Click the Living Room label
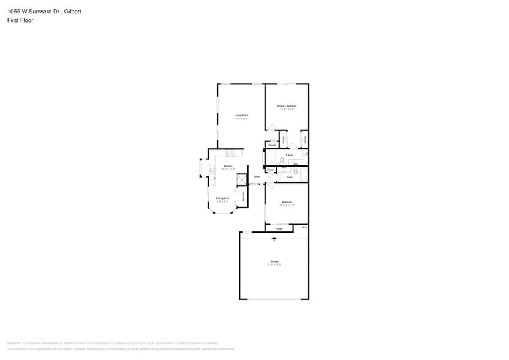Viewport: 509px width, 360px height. [x=241, y=115]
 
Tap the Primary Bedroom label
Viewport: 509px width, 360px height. [x=287, y=106]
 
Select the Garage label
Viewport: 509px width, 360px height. [x=274, y=261]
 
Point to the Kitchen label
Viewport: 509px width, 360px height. [x=228, y=166]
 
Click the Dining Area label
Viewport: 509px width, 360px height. [x=222, y=198]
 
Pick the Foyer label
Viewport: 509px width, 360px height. [x=257, y=177]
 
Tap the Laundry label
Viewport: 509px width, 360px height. [x=244, y=197]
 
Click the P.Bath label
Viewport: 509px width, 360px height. [x=288, y=156]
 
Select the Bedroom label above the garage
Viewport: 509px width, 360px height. [x=287, y=202]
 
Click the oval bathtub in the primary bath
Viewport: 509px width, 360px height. [x=270, y=160]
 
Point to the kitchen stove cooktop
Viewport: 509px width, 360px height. [x=230, y=153]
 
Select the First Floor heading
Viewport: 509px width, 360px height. [x=21, y=20]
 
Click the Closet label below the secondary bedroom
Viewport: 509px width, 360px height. [x=279, y=228]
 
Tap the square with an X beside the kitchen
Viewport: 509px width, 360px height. [x=242, y=179]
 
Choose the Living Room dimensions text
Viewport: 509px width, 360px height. [x=241, y=118]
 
